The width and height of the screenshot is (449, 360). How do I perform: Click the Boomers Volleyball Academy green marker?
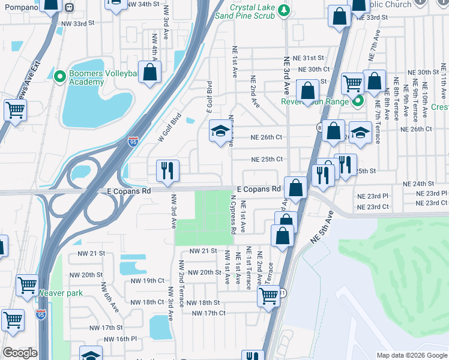click(59, 76)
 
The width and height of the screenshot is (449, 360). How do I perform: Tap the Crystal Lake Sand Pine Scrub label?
click(246, 11)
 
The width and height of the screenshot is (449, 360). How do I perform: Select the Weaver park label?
click(61, 293)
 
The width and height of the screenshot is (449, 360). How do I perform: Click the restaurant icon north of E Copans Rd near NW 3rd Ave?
click(167, 170)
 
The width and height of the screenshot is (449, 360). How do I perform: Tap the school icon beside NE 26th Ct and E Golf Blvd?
click(220, 131)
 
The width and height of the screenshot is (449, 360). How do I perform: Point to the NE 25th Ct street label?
click(267, 159)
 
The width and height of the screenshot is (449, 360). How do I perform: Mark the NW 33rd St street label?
click(78, 24)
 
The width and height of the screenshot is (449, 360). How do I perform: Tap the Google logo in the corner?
click(20, 353)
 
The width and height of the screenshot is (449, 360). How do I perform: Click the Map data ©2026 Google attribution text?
click(411, 355)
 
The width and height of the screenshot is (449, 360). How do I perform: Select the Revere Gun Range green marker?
click(358, 101)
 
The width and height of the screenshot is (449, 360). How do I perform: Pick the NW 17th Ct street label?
click(208, 313)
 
